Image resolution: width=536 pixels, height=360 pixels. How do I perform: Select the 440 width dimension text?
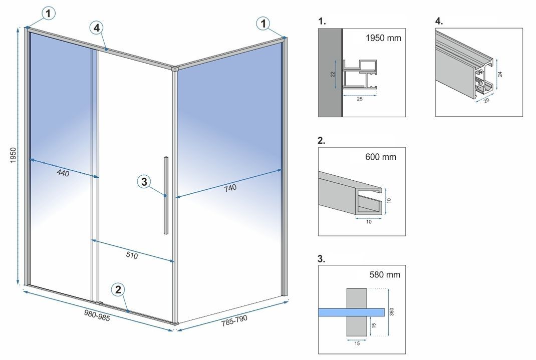[x=63, y=173]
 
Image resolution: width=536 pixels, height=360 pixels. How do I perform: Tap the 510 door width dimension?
[x=131, y=255]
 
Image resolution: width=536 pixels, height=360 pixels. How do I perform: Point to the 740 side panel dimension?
[x=230, y=188]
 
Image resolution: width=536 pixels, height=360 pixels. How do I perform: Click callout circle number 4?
[x=98, y=28]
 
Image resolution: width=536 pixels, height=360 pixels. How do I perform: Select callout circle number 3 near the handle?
[x=144, y=182]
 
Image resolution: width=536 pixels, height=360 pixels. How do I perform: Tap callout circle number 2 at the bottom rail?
[x=118, y=289]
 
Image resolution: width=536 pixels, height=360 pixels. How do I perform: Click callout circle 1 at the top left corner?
[x=48, y=14]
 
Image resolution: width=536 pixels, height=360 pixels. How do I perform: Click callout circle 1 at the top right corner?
[x=263, y=23]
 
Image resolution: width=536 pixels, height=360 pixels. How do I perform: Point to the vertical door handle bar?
[x=166, y=195]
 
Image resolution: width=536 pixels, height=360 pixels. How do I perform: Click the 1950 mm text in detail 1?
[x=383, y=38]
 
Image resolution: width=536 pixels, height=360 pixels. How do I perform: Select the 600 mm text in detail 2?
[x=381, y=157]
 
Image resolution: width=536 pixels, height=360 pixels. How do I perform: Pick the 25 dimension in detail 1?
[x=359, y=99]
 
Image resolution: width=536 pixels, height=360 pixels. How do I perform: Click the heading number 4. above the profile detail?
[x=439, y=21]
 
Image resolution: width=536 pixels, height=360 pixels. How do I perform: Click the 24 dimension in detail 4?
[x=500, y=73]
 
